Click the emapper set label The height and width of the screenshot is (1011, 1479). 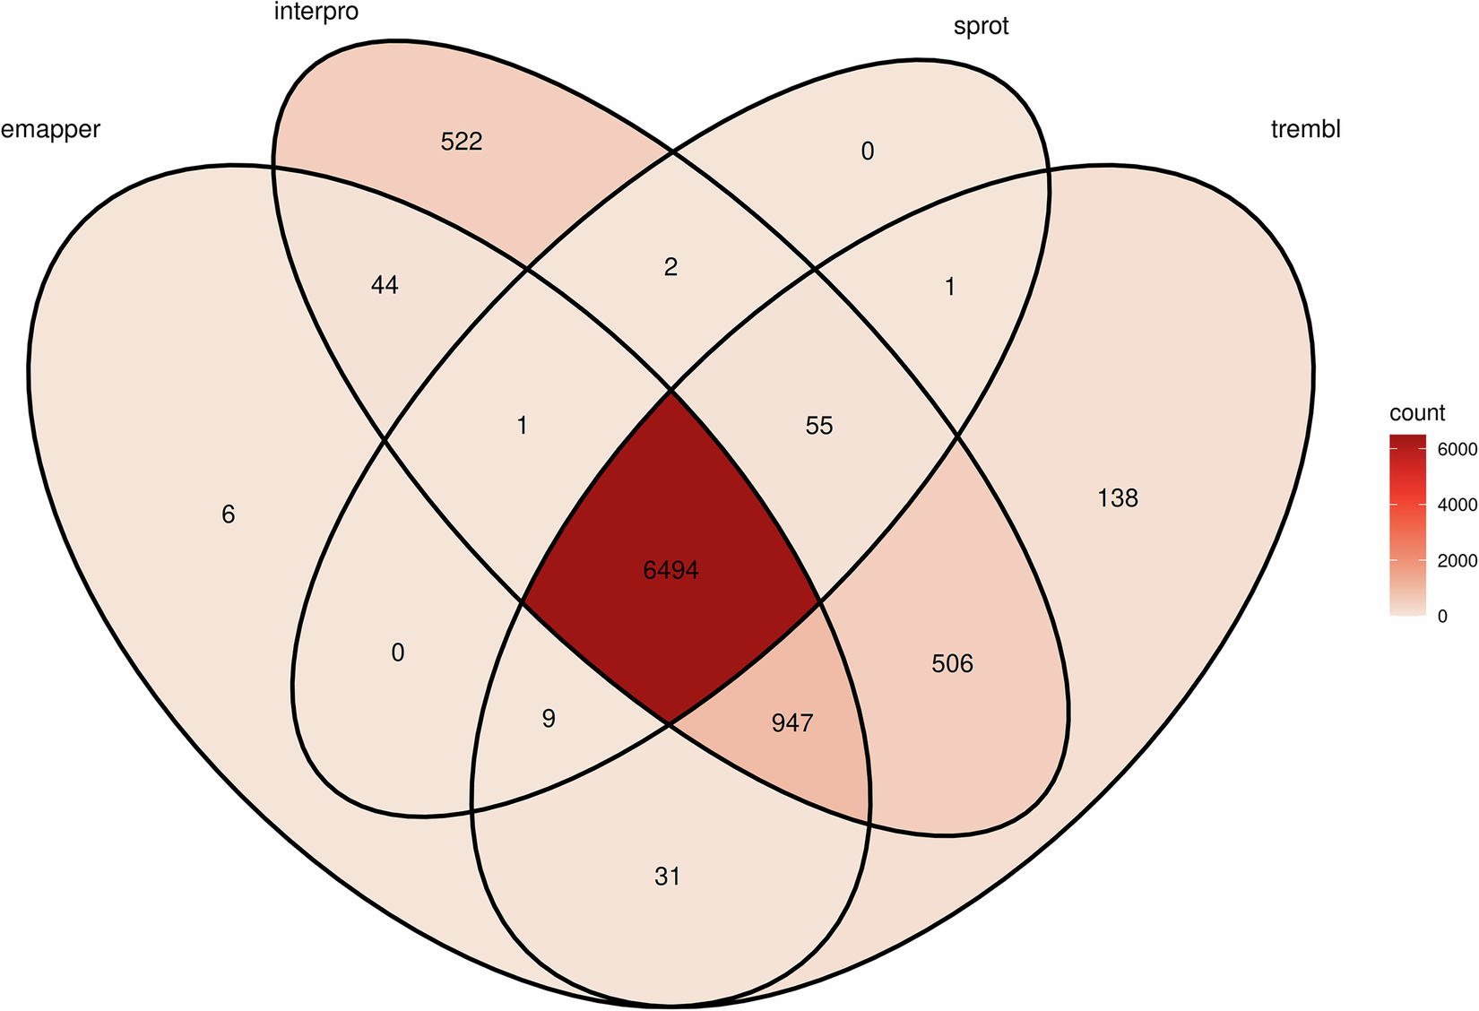tap(51, 130)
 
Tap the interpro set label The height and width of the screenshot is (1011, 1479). tap(316, 13)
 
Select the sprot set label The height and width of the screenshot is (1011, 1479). tap(981, 26)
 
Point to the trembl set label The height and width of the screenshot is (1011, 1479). tap(1305, 129)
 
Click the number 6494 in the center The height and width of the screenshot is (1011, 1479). tap(670, 570)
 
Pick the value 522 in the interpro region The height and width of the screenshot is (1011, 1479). tap(462, 142)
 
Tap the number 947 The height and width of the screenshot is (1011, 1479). tap(792, 722)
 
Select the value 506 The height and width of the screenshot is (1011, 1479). tap(952, 663)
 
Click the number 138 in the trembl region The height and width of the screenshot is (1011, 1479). tap(1118, 497)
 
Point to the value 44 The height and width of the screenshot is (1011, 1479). tap(385, 285)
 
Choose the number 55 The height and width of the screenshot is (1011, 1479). tap(819, 425)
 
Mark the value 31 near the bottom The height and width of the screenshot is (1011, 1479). tap(668, 876)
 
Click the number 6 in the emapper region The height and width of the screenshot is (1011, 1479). tap(229, 514)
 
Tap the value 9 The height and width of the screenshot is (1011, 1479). tap(549, 718)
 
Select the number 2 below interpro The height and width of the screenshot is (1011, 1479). tap(670, 266)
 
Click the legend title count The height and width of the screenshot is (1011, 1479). tap(1417, 413)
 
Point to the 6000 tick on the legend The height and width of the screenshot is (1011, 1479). tap(1457, 450)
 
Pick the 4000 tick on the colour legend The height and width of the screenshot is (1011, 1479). tap(1457, 505)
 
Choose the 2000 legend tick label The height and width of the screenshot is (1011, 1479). tap(1457, 561)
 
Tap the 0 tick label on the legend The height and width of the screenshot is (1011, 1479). tap(1441, 617)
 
